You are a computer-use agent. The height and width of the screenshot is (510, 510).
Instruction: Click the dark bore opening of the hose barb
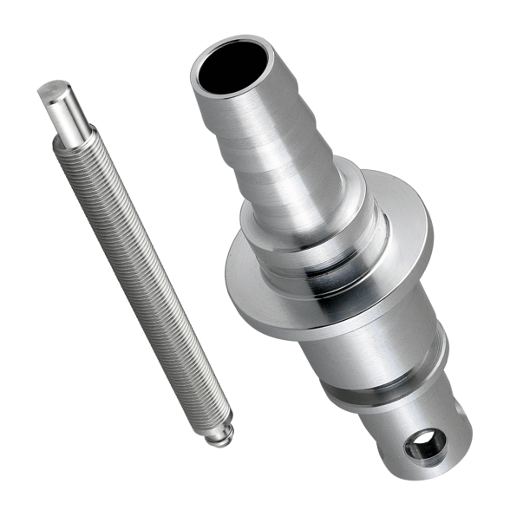[227, 67]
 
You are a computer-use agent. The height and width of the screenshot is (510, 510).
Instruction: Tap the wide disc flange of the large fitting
[252, 286]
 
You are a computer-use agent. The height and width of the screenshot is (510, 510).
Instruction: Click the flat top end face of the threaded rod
[55, 88]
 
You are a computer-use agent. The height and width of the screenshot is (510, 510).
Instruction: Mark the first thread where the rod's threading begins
[76, 146]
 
